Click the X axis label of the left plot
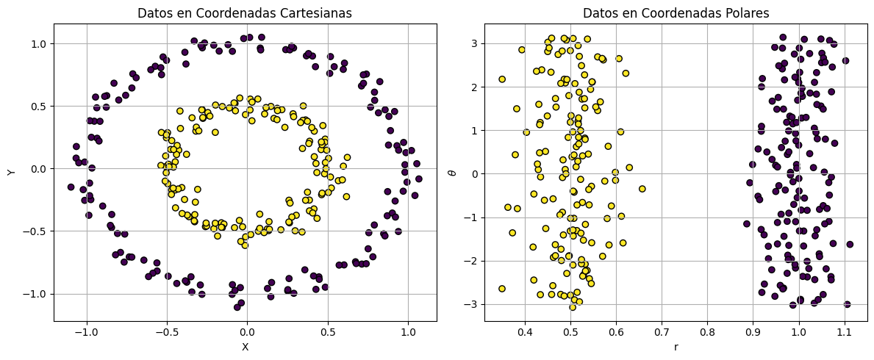point(245,347)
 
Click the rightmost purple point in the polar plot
point(850,244)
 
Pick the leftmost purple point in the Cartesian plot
point(71,187)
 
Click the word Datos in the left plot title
point(156,12)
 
